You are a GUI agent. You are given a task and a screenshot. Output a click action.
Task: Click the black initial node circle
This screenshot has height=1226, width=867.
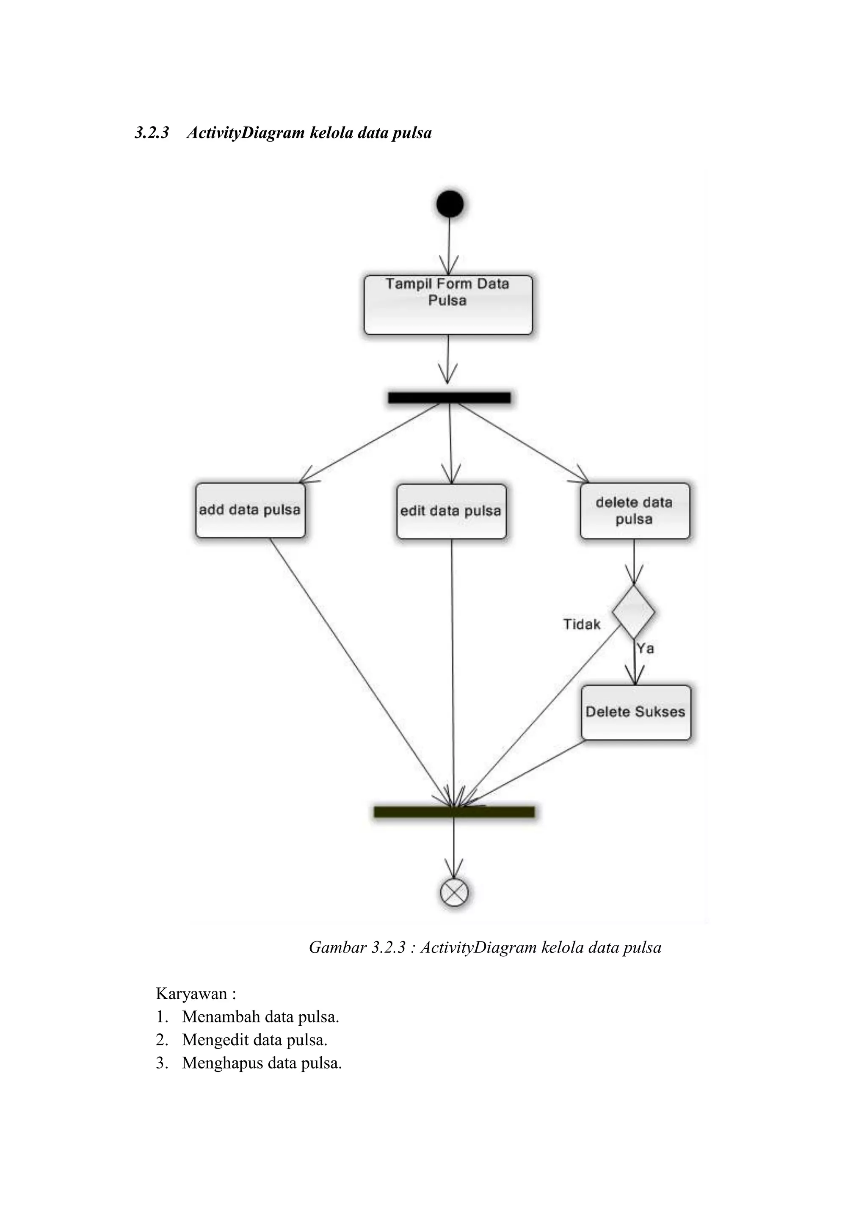pyautogui.click(x=450, y=204)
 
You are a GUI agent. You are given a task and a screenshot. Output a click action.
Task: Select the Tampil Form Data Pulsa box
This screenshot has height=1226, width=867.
pyautogui.click(x=448, y=305)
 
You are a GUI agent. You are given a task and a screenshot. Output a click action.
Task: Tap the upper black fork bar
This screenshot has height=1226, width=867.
pyautogui.click(x=449, y=397)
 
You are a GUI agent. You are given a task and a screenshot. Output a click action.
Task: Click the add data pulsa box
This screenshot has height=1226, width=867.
pyautogui.click(x=250, y=511)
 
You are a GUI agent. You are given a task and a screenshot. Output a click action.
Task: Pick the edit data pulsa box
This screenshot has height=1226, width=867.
pyautogui.click(x=451, y=511)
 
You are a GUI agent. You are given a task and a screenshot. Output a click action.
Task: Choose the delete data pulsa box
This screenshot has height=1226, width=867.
pyautogui.click(x=634, y=511)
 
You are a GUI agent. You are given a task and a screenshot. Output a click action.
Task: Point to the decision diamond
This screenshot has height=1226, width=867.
pyautogui.click(x=633, y=612)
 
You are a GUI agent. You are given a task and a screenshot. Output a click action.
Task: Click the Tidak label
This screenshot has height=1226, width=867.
pyautogui.click(x=581, y=624)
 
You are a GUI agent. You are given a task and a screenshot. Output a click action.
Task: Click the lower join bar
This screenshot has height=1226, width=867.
pyautogui.click(x=454, y=812)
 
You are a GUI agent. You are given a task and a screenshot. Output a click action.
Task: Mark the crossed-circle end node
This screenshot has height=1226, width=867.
pyautogui.click(x=454, y=892)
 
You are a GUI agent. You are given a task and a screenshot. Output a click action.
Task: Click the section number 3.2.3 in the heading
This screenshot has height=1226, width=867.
pyautogui.click(x=152, y=133)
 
